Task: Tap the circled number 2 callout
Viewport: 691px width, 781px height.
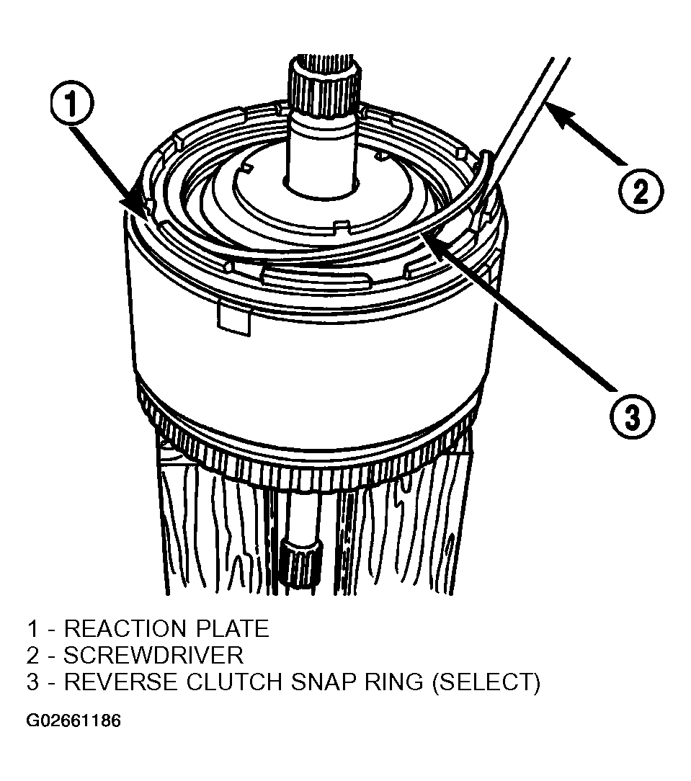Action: pos(641,191)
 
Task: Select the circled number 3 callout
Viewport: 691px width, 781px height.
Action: pos(632,416)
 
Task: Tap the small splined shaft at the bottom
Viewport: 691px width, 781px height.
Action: pos(302,566)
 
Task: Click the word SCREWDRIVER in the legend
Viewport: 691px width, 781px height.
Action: pos(153,655)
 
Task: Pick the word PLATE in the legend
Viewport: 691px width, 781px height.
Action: pos(233,628)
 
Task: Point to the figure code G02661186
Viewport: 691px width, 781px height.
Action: pos(73,720)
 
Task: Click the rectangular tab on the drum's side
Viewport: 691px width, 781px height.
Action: pos(233,318)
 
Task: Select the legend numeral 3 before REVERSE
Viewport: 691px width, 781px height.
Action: pos(33,682)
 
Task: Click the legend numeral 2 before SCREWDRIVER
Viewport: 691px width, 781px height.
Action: pos(33,655)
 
